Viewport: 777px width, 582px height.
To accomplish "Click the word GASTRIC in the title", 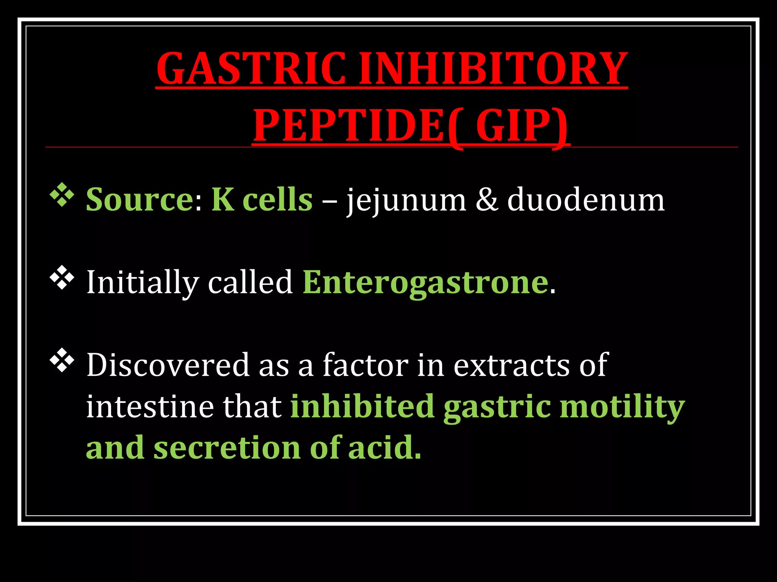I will coord(251,69).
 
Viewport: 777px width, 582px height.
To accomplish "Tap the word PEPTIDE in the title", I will coord(348,125).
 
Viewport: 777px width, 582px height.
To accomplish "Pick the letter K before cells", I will coord(222,199).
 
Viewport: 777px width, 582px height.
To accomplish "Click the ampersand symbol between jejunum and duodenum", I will coord(487,200).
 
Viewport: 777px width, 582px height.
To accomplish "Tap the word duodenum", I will coord(586,199).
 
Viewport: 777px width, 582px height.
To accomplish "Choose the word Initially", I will coord(143,283).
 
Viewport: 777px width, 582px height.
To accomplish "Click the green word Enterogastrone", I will coord(425,283).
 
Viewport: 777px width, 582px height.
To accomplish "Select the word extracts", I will coord(512,365).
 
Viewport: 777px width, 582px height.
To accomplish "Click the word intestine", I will coord(150,407).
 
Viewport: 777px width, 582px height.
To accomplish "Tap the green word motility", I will coord(622,407).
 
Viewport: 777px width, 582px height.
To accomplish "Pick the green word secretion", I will coord(227,448).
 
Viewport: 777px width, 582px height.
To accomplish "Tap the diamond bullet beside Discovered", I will coord(62,361).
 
